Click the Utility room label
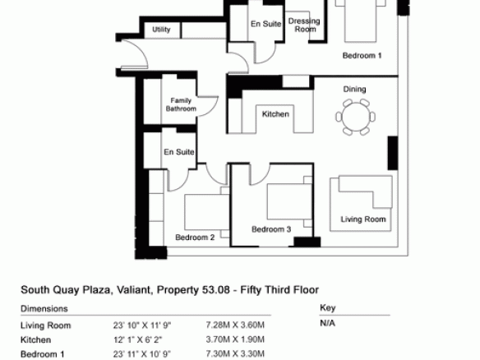click(x=161, y=30)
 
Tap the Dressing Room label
click(x=304, y=25)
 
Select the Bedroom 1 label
click(x=362, y=55)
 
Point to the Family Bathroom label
click(x=181, y=104)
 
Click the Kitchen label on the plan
click(x=275, y=114)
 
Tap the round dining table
click(x=356, y=117)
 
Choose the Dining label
click(x=354, y=89)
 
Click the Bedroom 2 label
click(x=195, y=238)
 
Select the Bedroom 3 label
click(x=271, y=229)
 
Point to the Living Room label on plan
click(x=363, y=219)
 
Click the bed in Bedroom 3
click(x=289, y=201)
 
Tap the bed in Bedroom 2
click(x=206, y=212)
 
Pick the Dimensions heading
click(x=44, y=308)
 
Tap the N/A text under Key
click(x=328, y=323)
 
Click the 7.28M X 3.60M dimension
click(x=235, y=325)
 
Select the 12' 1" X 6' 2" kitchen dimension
click(x=138, y=339)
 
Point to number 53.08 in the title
click(x=215, y=289)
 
